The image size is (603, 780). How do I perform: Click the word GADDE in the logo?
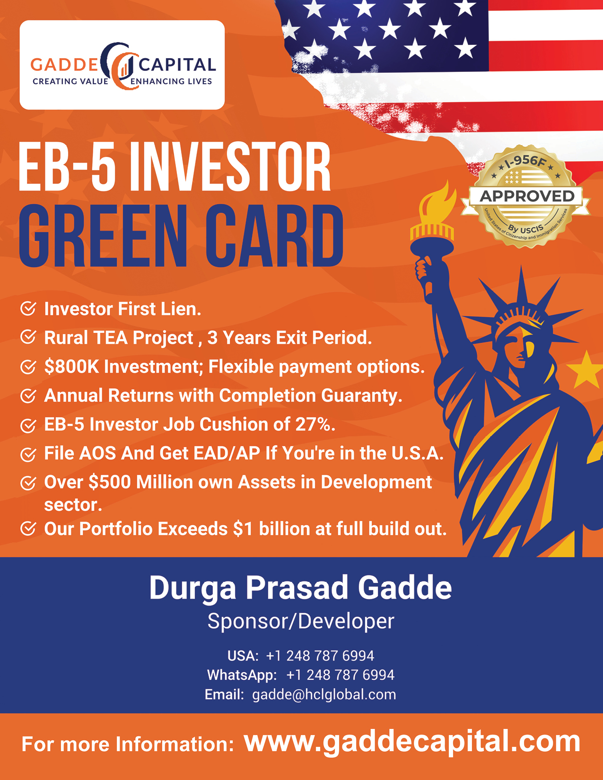pos(64,64)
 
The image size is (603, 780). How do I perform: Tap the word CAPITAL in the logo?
pos(177,65)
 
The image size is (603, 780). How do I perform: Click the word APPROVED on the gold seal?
pos(527,196)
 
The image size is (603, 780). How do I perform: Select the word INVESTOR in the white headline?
pos(230,167)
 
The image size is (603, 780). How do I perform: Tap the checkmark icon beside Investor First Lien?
pos(28,309)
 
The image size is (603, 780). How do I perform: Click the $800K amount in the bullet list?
pos(71,367)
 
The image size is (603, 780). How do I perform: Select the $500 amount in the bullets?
pos(110,482)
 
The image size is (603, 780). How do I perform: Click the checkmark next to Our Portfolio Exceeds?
pos(28,529)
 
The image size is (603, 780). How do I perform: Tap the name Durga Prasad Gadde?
pos(301,588)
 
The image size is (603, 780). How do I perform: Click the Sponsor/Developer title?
pos(301,621)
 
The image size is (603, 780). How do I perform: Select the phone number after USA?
pos(320,656)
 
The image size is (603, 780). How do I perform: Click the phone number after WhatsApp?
pos(341,675)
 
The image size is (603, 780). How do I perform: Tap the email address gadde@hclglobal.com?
pos(324,695)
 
